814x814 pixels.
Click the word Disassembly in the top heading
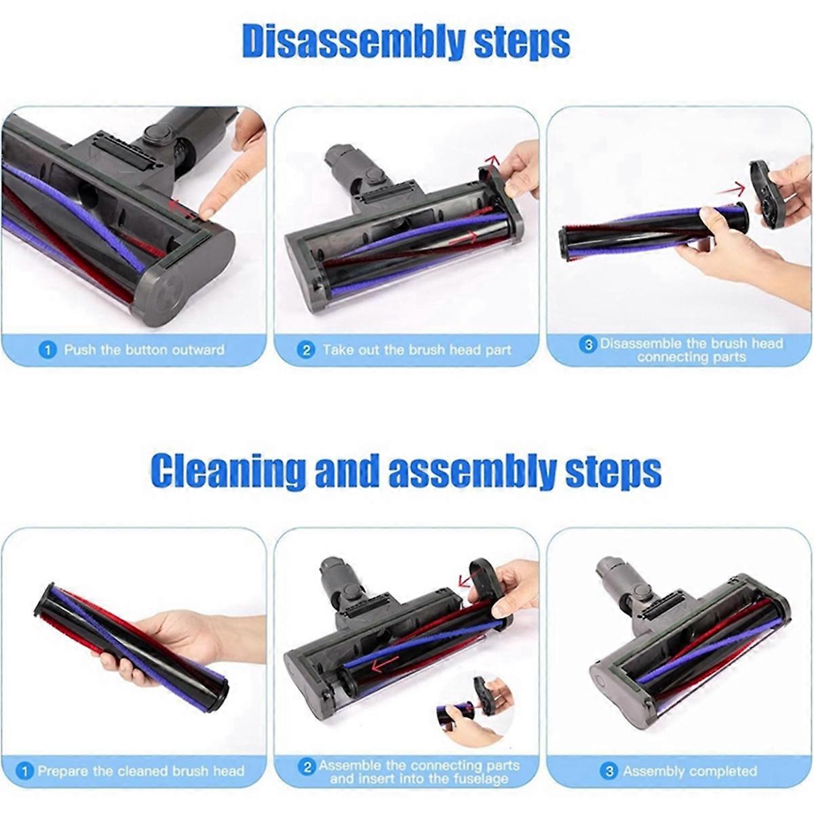pyautogui.click(x=353, y=43)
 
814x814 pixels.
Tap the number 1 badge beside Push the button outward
pyautogui.click(x=47, y=350)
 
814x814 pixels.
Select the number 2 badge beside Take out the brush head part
pyautogui.click(x=307, y=350)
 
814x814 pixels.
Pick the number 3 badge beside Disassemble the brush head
pyautogui.click(x=588, y=345)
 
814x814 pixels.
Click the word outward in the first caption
pyautogui.click(x=198, y=350)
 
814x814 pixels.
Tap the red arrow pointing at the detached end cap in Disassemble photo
pyautogui.click(x=730, y=189)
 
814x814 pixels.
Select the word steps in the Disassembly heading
pyautogui.click(x=522, y=43)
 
